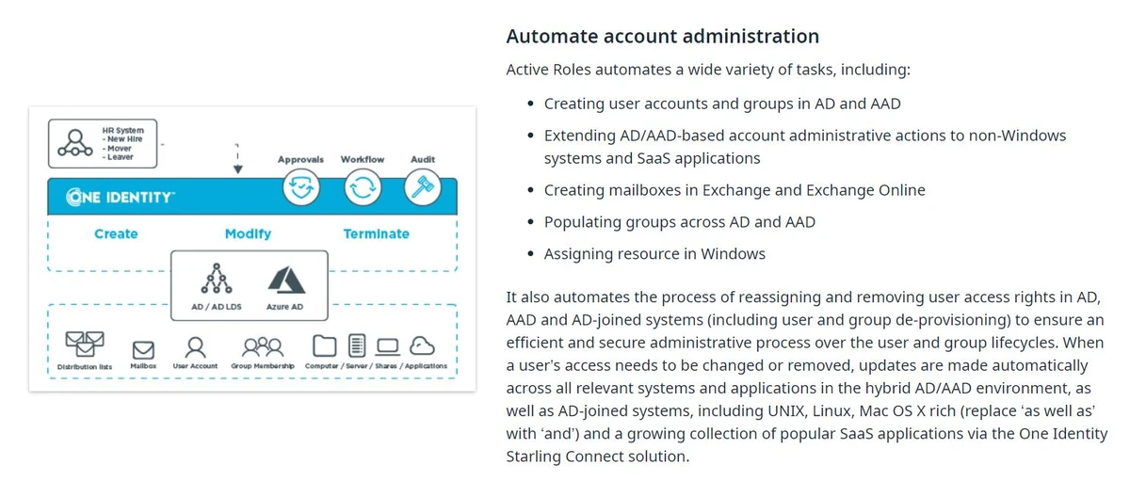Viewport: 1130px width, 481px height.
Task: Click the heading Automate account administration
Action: [662, 37]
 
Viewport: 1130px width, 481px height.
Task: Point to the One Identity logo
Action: [120, 198]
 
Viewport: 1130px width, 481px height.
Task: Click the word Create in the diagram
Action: [116, 233]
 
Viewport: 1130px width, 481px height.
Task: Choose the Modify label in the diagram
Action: [248, 233]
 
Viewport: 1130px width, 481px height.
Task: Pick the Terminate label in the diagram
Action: [376, 233]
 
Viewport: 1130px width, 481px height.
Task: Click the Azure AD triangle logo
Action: [285, 281]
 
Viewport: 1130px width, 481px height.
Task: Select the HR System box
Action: [103, 144]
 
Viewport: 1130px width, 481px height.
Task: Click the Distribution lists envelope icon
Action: [84, 344]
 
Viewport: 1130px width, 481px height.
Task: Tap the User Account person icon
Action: [195, 345]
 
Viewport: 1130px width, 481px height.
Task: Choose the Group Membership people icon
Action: [263, 345]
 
